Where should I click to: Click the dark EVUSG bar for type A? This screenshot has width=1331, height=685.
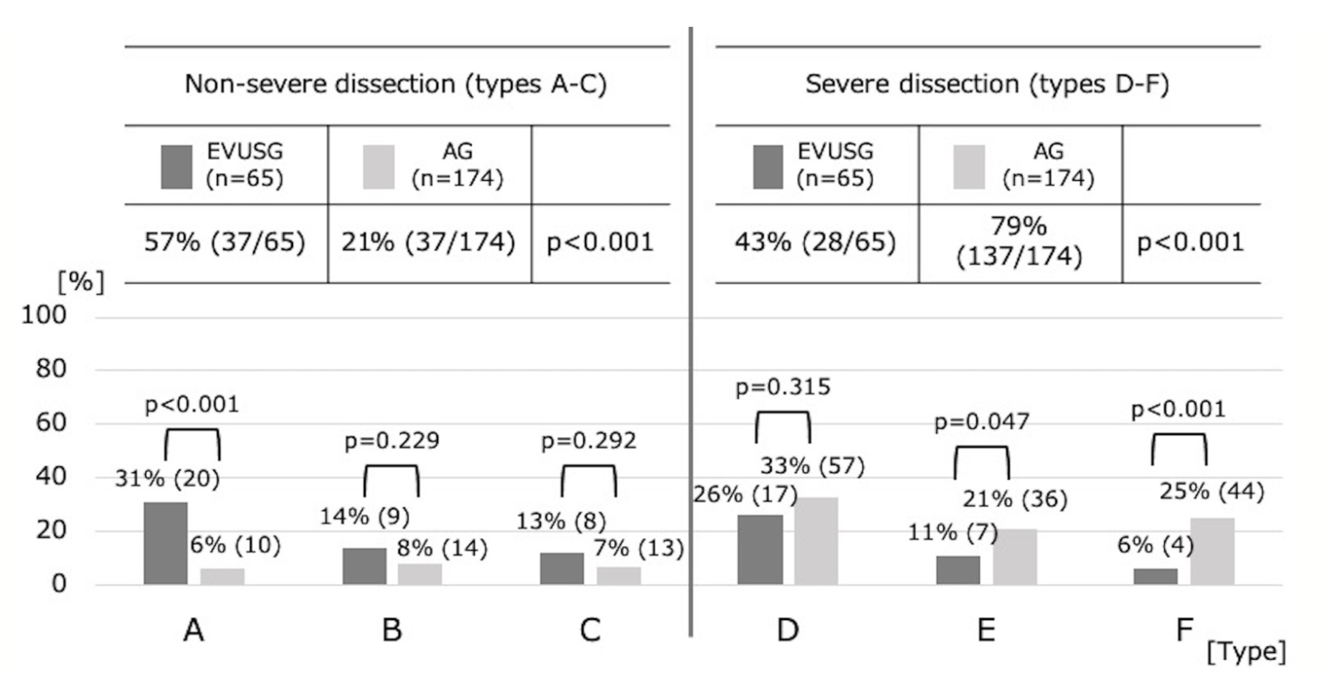(165, 543)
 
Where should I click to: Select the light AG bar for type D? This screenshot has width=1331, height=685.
(816, 541)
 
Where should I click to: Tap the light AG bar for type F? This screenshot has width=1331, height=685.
(1212, 551)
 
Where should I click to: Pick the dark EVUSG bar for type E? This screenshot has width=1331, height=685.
(958, 570)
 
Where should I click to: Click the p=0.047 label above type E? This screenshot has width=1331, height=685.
(982, 422)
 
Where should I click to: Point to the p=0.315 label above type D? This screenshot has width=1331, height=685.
(783, 387)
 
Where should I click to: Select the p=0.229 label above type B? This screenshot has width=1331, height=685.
(392, 441)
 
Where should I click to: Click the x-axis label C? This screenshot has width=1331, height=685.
(589, 631)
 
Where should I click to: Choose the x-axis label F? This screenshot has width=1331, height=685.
(1184, 631)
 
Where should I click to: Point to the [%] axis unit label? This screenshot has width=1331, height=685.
(80, 283)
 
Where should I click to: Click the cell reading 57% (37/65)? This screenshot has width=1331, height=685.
(225, 243)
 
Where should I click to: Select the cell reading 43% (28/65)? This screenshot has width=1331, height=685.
(815, 243)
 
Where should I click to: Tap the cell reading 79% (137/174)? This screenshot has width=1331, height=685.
(1020, 243)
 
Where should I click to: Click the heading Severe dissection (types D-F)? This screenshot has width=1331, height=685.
(987, 86)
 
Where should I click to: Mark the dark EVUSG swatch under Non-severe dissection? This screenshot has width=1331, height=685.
(176, 166)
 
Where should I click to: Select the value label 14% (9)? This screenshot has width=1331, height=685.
(365, 516)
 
